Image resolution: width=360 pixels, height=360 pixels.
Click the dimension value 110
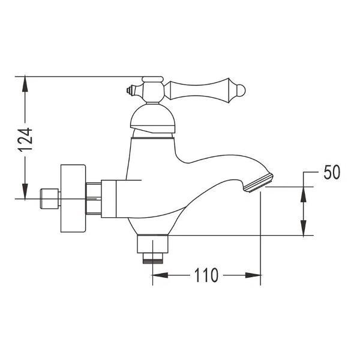pyautogui.click(x=205, y=276)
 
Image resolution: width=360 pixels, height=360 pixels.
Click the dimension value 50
pyautogui.click(x=332, y=172)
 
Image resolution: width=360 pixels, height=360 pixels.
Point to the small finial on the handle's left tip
pyautogui.click(x=130, y=92)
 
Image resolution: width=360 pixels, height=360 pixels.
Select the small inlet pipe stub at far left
pyautogui.click(x=48, y=197)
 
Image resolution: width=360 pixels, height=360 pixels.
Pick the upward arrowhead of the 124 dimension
pyautogui.click(x=25, y=84)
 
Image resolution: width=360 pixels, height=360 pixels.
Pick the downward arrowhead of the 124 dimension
pyautogui.click(x=25, y=192)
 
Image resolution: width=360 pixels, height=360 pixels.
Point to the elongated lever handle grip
pyautogui.click(x=201, y=91)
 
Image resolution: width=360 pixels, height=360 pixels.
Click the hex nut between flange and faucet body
pyautogui.click(x=94, y=197)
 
